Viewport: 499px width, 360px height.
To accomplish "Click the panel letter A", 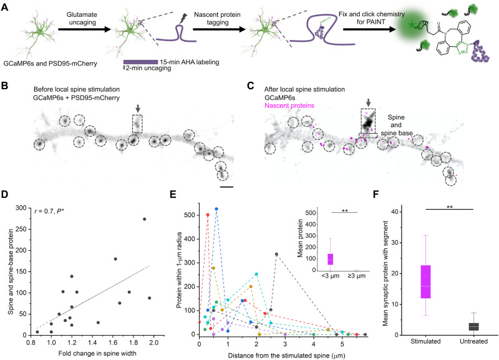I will click(6, 6).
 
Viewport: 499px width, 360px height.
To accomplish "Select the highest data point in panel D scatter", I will click(144, 219).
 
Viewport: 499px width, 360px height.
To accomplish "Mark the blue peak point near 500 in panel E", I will click(216, 209).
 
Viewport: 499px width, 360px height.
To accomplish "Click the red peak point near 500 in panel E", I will click(208, 215).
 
